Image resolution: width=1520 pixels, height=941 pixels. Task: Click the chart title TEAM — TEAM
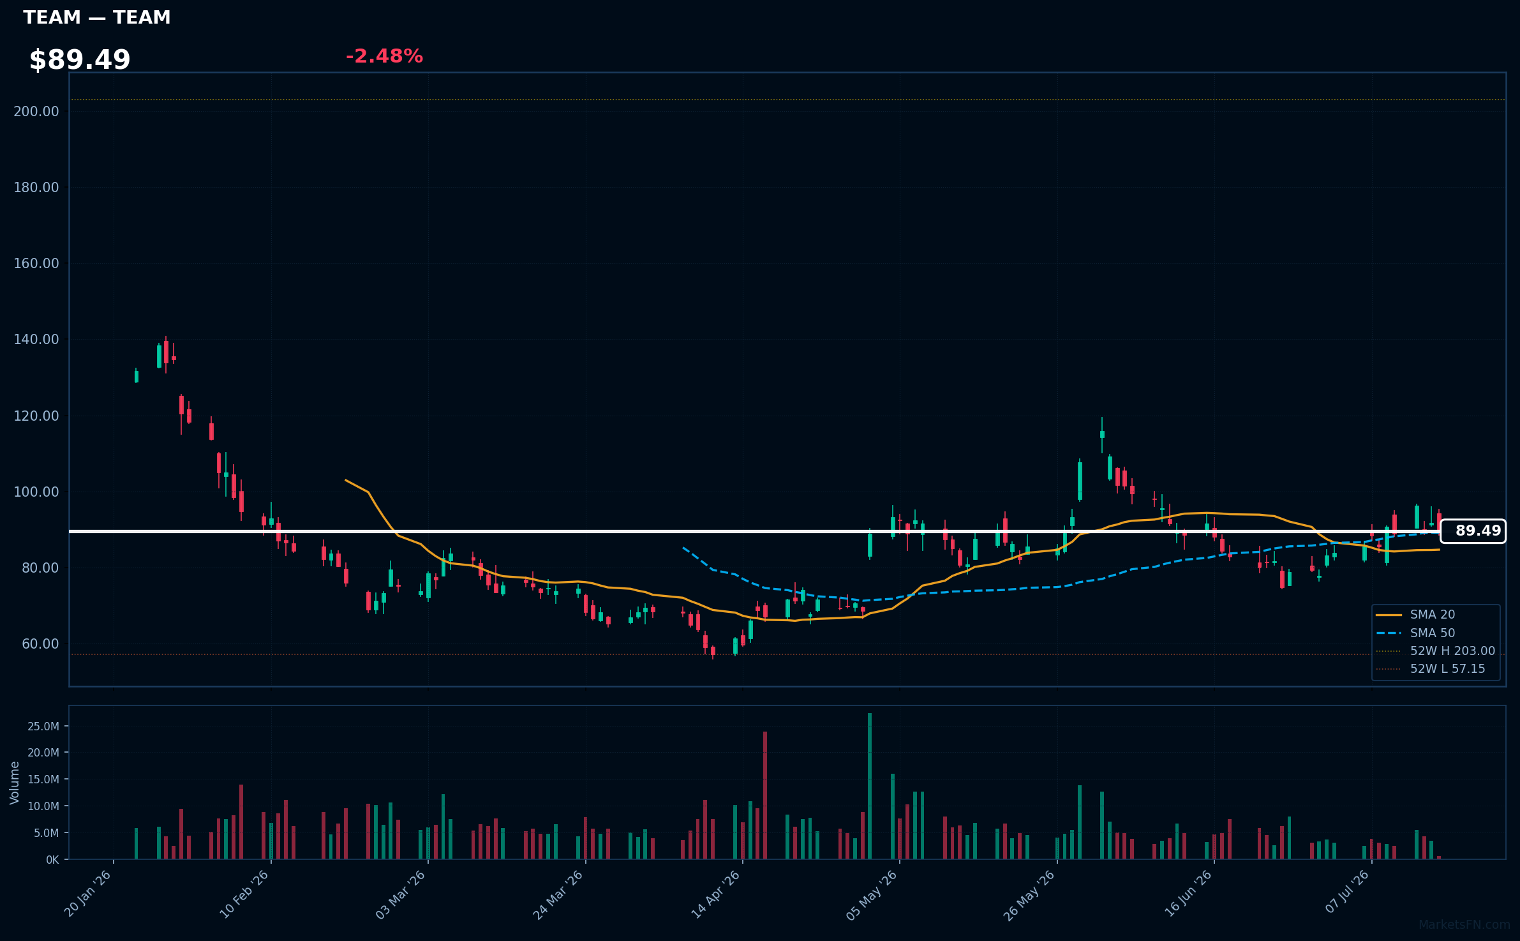(x=97, y=17)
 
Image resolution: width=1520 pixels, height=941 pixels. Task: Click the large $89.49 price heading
(x=80, y=60)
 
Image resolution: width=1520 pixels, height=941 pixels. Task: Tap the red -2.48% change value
(x=384, y=56)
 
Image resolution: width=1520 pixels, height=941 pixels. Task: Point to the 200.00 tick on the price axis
(x=36, y=111)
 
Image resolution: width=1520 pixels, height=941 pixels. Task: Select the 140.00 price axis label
(x=36, y=339)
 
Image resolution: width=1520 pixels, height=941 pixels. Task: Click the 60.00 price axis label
(x=40, y=644)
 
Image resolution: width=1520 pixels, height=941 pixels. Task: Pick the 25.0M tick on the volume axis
(x=43, y=726)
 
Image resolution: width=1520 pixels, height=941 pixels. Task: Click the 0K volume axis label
(x=52, y=860)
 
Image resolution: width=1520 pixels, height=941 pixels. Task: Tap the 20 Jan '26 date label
(x=88, y=894)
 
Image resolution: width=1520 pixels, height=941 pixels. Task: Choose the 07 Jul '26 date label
(x=1347, y=892)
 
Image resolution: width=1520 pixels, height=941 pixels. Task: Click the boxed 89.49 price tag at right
(x=1473, y=531)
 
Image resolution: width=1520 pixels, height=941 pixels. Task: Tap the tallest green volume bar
(x=870, y=786)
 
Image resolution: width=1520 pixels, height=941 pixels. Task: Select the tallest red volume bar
(x=765, y=795)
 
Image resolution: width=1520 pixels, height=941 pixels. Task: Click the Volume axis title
(x=15, y=783)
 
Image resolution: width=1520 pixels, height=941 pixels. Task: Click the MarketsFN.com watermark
(x=1464, y=925)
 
